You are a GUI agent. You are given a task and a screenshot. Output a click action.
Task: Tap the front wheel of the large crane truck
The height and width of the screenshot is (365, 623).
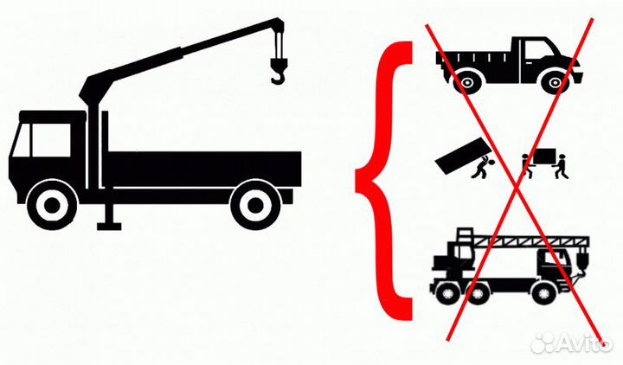coord(52,205)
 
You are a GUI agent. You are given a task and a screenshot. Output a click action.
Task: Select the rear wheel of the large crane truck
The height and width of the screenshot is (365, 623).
coord(256,205)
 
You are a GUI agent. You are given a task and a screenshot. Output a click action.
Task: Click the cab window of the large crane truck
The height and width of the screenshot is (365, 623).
coord(51,140)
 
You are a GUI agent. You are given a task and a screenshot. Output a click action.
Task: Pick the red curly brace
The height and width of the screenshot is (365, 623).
coord(383,180)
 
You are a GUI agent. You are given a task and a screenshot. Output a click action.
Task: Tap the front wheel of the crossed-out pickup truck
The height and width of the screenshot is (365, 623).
coord(555,83)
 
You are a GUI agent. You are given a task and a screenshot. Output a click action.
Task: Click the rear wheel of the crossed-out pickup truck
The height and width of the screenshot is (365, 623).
coord(466,83)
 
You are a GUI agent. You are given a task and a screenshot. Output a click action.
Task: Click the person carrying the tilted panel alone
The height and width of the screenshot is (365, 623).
coord(482,167)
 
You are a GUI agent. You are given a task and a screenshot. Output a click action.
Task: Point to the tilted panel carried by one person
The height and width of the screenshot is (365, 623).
coord(462,156)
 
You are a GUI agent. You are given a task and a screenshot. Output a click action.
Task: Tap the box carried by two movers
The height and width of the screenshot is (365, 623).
coord(544,156)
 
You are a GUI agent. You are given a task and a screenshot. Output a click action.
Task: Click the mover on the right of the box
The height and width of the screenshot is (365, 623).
coord(562,167)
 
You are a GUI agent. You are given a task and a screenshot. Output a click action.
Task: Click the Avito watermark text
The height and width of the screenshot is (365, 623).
coord(584,342)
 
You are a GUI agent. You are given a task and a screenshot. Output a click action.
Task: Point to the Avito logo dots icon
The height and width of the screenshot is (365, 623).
coord(543,343)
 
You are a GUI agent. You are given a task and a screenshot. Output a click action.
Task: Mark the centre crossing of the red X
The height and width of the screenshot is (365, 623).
coord(516,183)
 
